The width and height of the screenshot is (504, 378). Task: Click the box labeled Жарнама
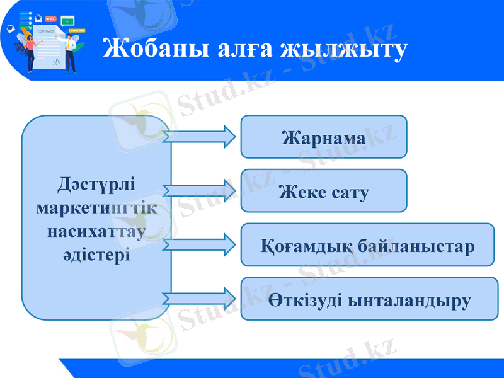(x=324, y=137)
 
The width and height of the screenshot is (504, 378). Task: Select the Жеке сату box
(x=324, y=191)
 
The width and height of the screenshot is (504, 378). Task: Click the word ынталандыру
(x=409, y=299)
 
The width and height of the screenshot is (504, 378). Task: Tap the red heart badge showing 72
(x=51, y=19)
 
